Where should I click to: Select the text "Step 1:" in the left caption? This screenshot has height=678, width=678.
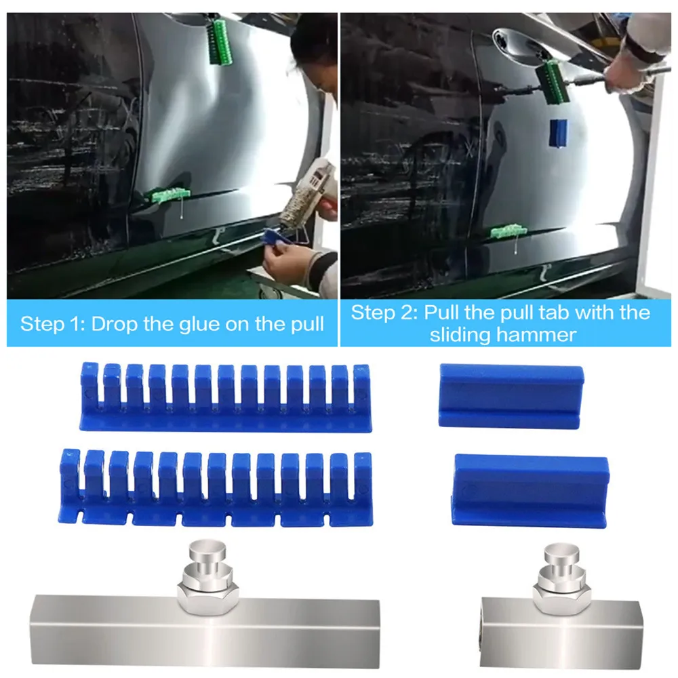tap(53, 324)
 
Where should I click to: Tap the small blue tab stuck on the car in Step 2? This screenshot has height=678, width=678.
tap(558, 133)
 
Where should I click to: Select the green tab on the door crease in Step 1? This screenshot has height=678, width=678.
tap(170, 195)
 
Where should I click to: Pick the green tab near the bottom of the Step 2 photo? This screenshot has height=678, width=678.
tap(509, 232)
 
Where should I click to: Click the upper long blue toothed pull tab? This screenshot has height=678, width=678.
tap(226, 397)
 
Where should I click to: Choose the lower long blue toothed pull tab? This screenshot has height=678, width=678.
tap(216, 487)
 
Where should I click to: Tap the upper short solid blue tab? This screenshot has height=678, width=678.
tap(511, 396)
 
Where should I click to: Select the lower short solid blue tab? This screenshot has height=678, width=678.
tap(530, 490)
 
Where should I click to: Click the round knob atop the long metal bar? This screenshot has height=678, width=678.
tap(207, 550)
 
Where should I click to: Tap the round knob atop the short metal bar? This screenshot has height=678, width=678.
tap(561, 554)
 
